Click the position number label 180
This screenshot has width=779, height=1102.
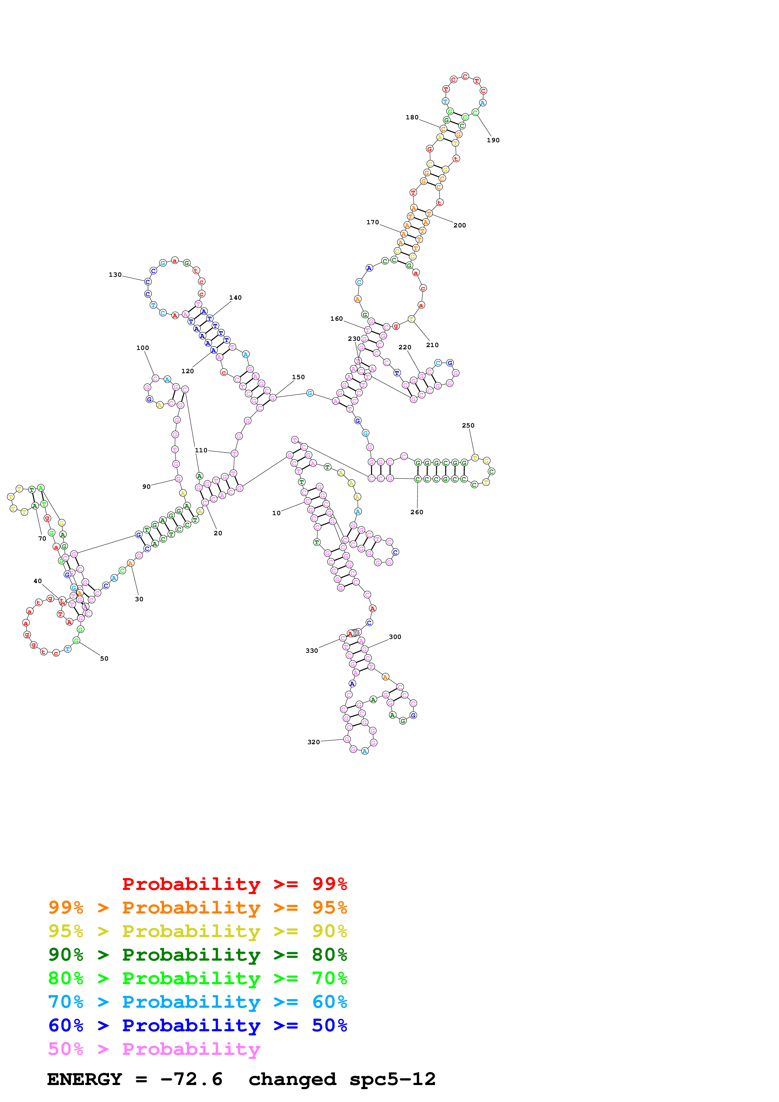(412, 117)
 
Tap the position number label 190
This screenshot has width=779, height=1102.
(493, 140)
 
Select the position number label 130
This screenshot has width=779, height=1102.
(115, 275)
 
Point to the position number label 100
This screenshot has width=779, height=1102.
(143, 348)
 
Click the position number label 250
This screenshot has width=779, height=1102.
(468, 426)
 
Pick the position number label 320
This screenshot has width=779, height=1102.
(313, 742)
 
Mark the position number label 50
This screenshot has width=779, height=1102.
(104, 658)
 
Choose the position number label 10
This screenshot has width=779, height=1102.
(277, 513)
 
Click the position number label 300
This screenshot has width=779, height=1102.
(395, 637)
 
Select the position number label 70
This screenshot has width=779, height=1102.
(42, 538)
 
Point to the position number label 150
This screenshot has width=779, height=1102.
(298, 377)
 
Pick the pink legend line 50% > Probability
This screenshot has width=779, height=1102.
(154, 1049)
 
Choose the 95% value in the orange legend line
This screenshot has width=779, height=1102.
(329, 908)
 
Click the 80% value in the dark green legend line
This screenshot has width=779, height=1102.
(329, 955)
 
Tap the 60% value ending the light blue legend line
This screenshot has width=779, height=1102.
(329, 1002)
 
